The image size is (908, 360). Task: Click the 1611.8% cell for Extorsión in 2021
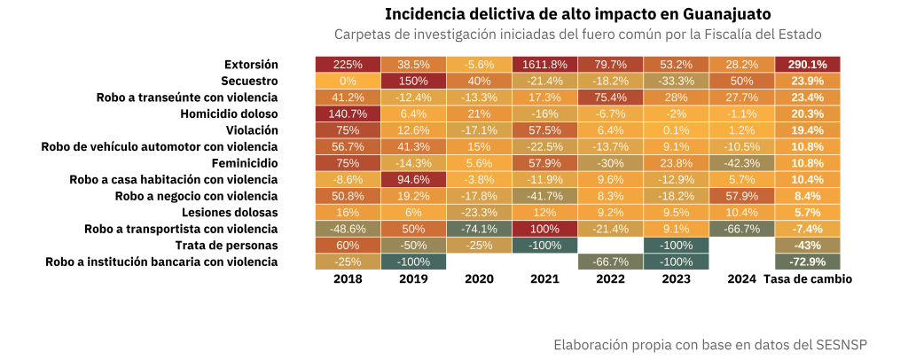544,65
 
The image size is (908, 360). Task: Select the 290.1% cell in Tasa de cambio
807,65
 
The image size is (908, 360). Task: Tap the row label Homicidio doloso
229,114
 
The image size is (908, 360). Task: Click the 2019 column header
413,278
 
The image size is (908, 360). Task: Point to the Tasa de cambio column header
807,278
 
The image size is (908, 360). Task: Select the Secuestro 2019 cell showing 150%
413,82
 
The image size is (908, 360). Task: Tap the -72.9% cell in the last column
807,262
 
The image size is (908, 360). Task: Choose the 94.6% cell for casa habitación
413,180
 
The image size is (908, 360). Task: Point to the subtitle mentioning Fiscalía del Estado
577,35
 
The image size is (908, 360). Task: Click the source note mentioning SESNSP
709,344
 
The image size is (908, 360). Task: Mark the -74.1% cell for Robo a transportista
479,229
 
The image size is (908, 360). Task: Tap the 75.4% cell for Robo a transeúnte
610,98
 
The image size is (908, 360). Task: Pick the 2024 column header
741,278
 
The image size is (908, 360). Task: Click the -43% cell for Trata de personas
807,246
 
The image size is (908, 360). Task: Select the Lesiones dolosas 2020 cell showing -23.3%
479,213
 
